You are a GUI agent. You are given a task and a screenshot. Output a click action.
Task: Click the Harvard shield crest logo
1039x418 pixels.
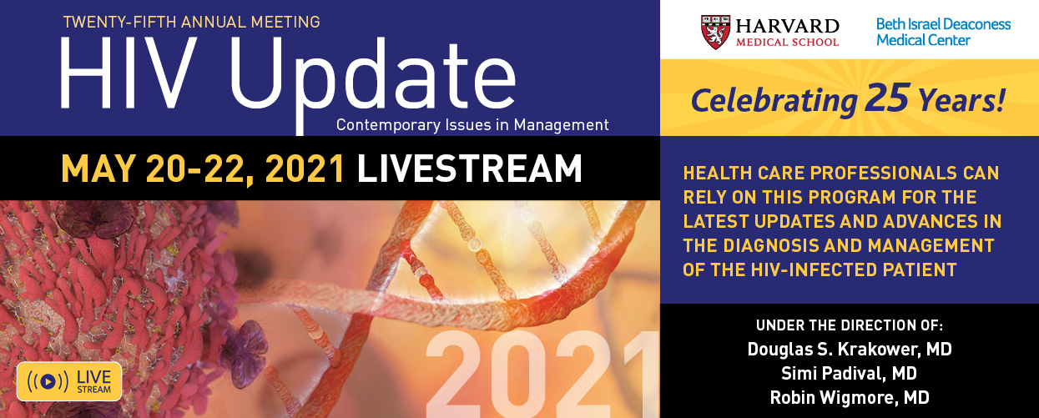pyautogui.click(x=716, y=32)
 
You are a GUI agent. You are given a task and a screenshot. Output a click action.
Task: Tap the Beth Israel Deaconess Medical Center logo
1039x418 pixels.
pyautogui.click(x=943, y=32)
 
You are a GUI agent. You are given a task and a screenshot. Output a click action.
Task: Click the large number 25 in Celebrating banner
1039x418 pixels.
pyautogui.click(x=886, y=98)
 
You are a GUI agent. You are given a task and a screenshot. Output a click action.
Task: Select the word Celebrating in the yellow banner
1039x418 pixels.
pyautogui.click(x=774, y=101)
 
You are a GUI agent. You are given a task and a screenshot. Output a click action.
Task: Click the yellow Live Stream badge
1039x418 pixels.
pyautogui.click(x=69, y=381)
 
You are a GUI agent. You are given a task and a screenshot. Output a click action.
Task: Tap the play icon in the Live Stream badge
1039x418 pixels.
pyautogui.click(x=48, y=381)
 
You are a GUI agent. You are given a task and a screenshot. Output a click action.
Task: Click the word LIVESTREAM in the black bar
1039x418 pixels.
pyautogui.click(x=469, y=168)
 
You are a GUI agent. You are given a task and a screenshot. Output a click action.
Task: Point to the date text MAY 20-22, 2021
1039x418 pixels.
pyautogui.click(x=203, y=169)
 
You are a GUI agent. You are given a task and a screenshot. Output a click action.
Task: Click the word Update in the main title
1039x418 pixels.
pyautogui.click(x=372, y=80)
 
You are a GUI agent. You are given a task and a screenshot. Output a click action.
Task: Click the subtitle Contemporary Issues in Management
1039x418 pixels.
pyautogui.click(x=472, y=125)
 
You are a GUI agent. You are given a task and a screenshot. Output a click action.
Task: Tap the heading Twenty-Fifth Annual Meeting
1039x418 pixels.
pyautogui.click(x=192, y=22)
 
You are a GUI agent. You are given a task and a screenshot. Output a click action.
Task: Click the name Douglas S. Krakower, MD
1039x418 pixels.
pyautogui.click(x=850, y=350)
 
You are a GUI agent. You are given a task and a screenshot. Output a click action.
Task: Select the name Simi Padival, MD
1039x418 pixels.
pyautogui.click(x=849, y=374)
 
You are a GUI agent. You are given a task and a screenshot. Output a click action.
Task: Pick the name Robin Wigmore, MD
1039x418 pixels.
pyautogui.click(x=850, y=398)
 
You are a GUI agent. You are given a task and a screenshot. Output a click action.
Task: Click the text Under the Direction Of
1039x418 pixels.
pyautogui.click(x=850, y=325)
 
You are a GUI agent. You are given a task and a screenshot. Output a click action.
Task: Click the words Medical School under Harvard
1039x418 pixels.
pyautogui.click(x=787, y=43)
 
